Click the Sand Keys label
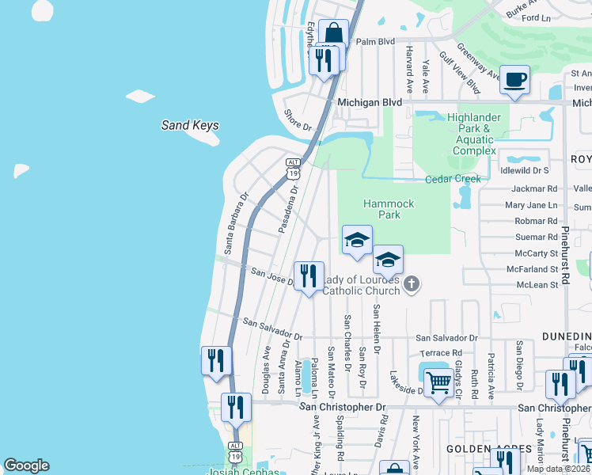coord(190,125)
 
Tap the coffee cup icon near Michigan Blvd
coord(515,80)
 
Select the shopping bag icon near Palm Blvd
coord(334,34)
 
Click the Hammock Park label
coord(389,209)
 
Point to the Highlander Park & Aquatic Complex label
coord(475,134)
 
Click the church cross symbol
coord(411,284)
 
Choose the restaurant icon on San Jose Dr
coord(309,276)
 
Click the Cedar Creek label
coord(453,179)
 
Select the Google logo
coord(26,465)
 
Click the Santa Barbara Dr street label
coord(235,222)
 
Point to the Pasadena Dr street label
coord(288,211)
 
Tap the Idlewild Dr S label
coord(525,170)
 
